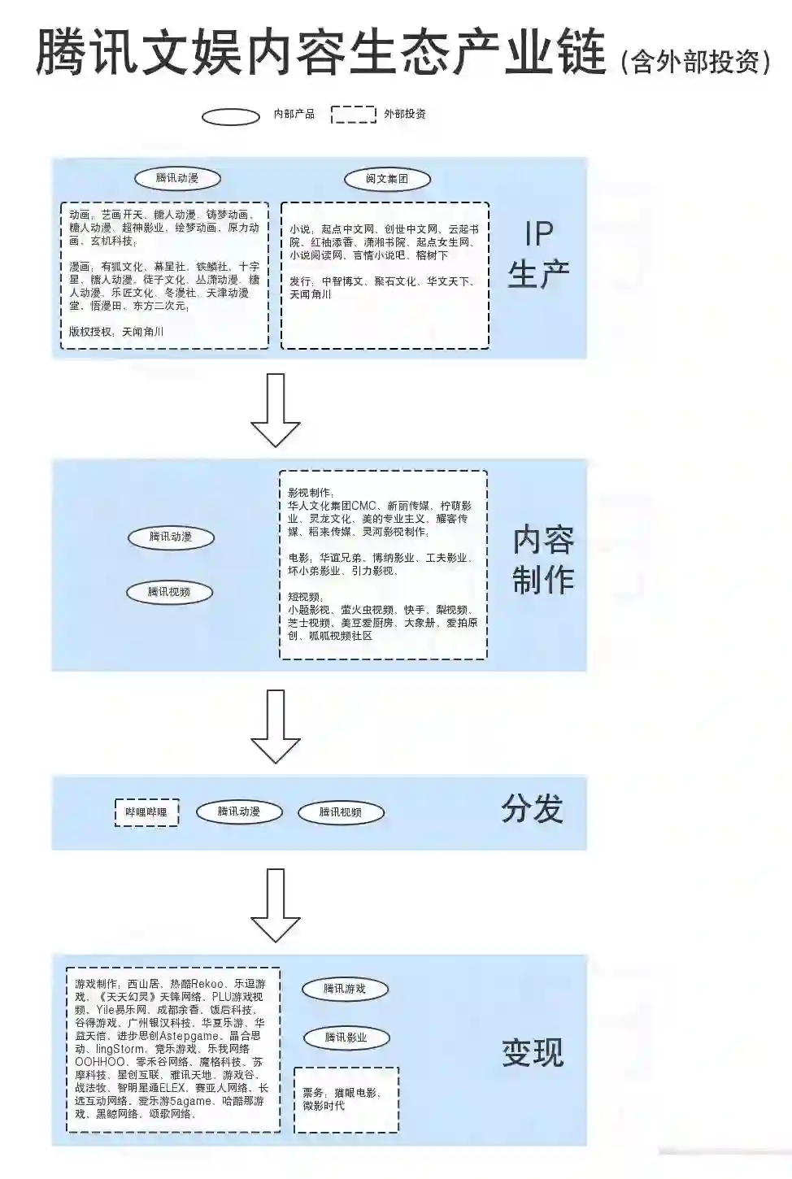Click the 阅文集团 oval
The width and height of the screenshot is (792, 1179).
coord(387,179)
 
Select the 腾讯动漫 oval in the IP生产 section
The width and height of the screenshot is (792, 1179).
coord(177,178)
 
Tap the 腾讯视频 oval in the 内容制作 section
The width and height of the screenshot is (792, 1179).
coord(169,592)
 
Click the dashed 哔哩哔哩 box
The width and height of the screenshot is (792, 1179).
coord(146,812)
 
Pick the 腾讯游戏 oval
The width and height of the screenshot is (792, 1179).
coord(345,989)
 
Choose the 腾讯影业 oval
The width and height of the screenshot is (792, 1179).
coord(346,1038)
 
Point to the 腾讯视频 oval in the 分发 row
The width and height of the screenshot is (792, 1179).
coord(340,812)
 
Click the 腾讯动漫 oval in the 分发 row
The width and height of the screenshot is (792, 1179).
coord(239,811)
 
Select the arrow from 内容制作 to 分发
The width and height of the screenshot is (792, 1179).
coord(275,725)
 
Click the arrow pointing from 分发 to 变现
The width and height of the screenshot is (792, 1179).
coord(275,904)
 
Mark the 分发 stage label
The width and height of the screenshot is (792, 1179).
coord(532,810)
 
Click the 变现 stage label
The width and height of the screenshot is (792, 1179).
coord(533,1052)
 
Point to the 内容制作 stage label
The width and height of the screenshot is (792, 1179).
coord(542,559)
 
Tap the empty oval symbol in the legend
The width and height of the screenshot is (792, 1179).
coord(231,115)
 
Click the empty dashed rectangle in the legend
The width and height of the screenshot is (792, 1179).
coord(354,115)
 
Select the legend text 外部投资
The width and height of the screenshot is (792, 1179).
coord(405,114)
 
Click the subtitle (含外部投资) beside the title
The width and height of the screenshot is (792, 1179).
coord(694,61)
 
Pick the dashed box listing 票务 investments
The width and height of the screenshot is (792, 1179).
coord(346,1099)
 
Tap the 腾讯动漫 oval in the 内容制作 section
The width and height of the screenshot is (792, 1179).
coord(171,537)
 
